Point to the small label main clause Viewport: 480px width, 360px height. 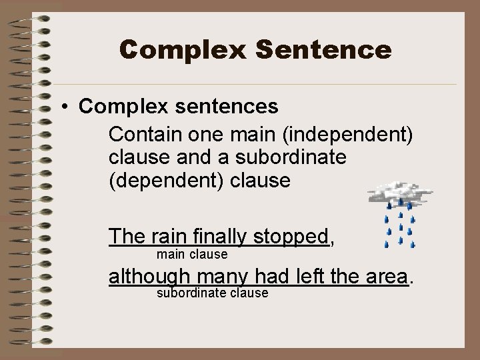192,255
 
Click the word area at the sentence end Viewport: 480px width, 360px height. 387,275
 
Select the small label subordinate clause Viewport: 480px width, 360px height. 212,293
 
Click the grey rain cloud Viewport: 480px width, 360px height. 401,193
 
